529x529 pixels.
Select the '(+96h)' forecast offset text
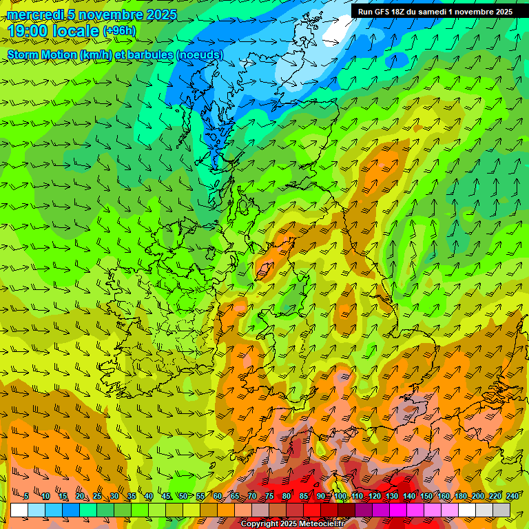pos(119,31)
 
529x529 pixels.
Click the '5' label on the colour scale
pos(26,496)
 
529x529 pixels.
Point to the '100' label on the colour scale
pos(340,496)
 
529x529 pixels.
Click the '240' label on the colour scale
pos(512,496)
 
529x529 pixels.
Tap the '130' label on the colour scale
pos(392,496)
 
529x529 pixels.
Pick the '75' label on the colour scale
pos(269,496)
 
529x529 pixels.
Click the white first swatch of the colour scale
pos(19,510)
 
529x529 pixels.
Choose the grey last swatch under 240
pos(501,510)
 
